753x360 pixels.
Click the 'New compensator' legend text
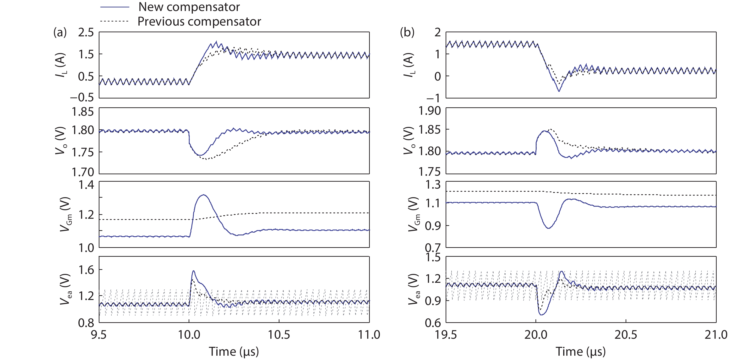[189, 7]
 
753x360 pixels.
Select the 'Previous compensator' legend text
[199, 22]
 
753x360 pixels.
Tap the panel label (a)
[60, 32]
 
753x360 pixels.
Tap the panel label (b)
[407, 32]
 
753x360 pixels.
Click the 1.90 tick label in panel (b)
[429, 111]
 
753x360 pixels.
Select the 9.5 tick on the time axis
[99, 335]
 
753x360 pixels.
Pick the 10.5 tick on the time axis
[279, 335]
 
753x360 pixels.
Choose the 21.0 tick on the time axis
[716, 335]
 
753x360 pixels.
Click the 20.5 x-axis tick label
[626, 335]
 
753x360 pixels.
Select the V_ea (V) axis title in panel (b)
[413, 289]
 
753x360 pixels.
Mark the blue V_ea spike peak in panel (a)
[193, 271]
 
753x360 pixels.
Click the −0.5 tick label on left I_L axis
[82, 98]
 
